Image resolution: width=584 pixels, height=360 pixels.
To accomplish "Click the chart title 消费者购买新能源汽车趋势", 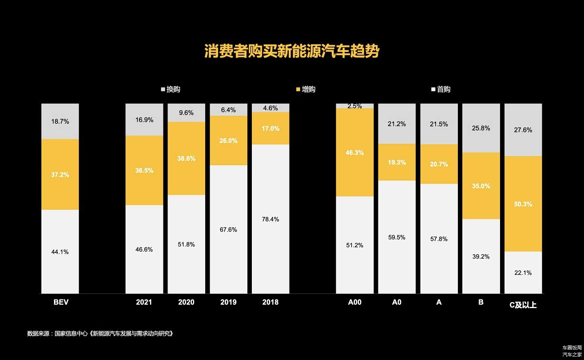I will [292, 51].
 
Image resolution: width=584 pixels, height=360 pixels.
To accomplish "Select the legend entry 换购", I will [171, 89].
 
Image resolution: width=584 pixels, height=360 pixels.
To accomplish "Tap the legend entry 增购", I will [306, 89].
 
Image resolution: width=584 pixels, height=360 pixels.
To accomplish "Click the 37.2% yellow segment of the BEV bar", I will [60, 174].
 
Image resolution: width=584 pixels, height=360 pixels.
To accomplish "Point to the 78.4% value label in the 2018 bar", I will [271, 219].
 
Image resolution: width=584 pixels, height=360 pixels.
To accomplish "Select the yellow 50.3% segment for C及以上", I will [523, 204].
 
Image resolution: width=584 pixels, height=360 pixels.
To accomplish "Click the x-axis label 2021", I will [144, 302].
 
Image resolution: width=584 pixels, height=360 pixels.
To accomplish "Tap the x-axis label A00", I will [355, 302].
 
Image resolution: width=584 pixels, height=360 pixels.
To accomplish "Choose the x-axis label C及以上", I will [523, 305].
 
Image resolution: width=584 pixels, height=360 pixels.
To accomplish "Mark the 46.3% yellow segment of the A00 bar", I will [355, 152].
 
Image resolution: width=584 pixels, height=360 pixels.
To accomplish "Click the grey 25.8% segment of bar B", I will [481, 128].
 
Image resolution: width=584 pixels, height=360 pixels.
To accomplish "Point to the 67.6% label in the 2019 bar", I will [228, 229].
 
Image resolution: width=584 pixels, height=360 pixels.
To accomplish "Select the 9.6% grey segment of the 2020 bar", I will [187, 113].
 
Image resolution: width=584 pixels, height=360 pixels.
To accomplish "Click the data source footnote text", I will [100, 334].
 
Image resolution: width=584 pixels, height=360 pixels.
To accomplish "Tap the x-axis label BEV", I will [61, 302].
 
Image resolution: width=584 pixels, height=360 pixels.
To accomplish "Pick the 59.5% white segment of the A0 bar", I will [397, 237].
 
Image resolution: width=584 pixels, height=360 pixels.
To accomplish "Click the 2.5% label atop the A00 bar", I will [355, 106].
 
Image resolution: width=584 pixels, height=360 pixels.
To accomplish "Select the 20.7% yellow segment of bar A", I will [439, 164].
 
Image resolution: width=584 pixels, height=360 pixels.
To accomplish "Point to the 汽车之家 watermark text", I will [572, 354].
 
